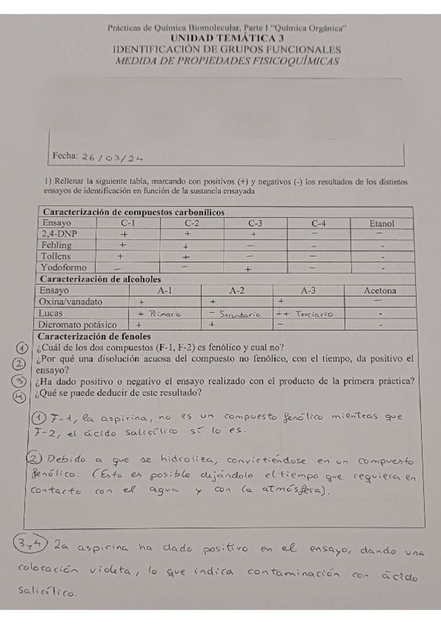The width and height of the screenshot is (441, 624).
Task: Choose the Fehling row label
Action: tap(57, 244)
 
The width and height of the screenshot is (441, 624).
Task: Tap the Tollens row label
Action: tap(57, 256)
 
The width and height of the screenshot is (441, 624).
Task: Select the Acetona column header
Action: tap(380, 291)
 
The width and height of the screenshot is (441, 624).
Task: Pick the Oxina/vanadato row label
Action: tap(71, 302)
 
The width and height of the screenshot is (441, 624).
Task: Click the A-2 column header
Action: tap(236, 291)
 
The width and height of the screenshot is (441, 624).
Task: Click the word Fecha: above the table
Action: tap(65, 156)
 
